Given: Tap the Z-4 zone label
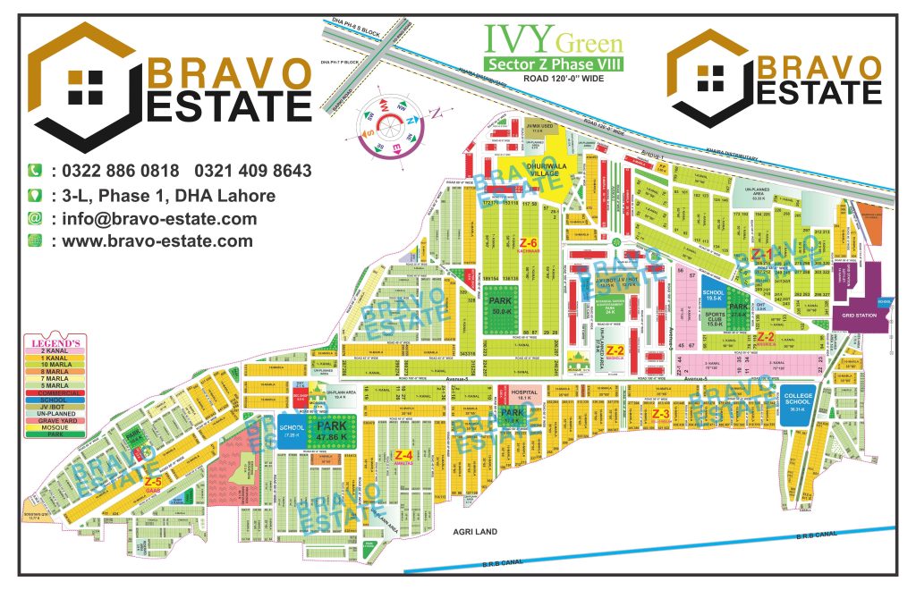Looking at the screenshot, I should coord(403,456).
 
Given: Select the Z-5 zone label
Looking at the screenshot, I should coord(152,480).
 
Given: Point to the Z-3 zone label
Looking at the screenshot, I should coord(660,414).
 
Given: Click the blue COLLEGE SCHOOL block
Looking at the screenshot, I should coord(795,402).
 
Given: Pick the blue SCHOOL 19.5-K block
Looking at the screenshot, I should coord(713,296).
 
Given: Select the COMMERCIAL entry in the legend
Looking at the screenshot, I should coord(57,392).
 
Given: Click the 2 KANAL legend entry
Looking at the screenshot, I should coord(57,350).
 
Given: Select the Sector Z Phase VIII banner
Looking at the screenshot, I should coord(553,63).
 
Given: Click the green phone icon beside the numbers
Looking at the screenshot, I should coord(36,171).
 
